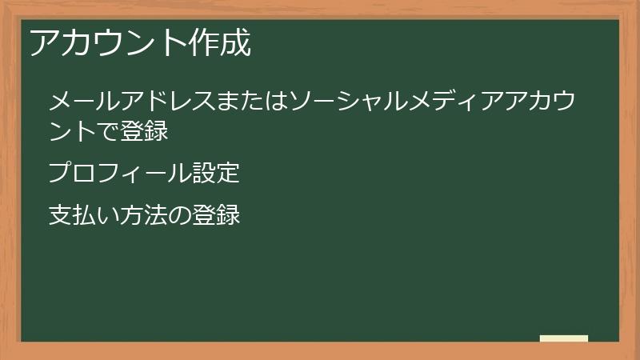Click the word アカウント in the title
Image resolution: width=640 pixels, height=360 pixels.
tap(107, 44)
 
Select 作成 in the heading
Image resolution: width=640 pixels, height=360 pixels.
tap(219, 44)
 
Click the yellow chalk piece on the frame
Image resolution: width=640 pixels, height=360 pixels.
tap(564, 338)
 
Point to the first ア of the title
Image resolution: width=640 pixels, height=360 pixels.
tap(43, 44)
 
